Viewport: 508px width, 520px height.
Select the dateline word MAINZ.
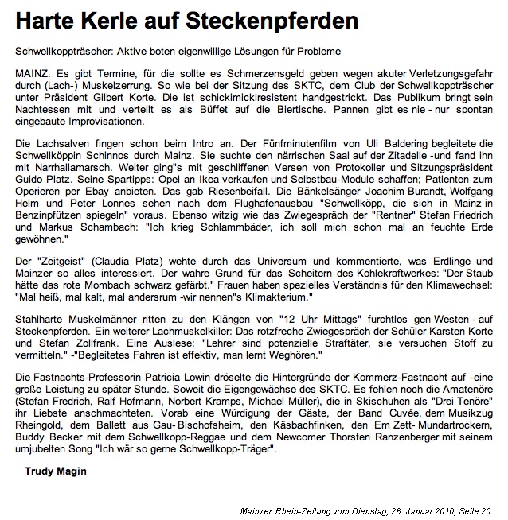pyautogui.click(x=32, y=73)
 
